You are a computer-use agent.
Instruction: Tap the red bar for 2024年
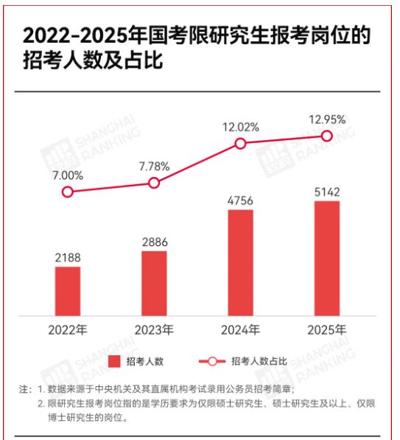click(x=240, y=262)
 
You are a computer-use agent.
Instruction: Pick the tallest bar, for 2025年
click(x=327, y=258)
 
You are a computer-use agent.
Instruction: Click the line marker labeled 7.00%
click(x=68, y=192)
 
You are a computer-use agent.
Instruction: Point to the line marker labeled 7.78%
click(x=154, y=183)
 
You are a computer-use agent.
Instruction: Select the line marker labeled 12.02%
click(x=240, y=144)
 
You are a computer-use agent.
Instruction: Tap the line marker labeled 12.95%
click(x=327, y=136)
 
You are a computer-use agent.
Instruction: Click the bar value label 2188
click(x=68, y=257)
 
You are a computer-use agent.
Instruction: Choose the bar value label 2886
click(x=154, y=241)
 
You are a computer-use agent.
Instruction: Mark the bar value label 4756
click(x=240, y=200)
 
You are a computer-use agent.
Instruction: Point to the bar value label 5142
click(x=327, y=192)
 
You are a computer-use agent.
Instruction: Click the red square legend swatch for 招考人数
click(x=113, y=361)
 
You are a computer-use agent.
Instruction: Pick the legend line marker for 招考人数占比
click(x=212, y=361)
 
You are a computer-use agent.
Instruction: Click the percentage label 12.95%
click(x=327, y=118)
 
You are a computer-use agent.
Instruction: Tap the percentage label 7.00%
click(x=68, y=175)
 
